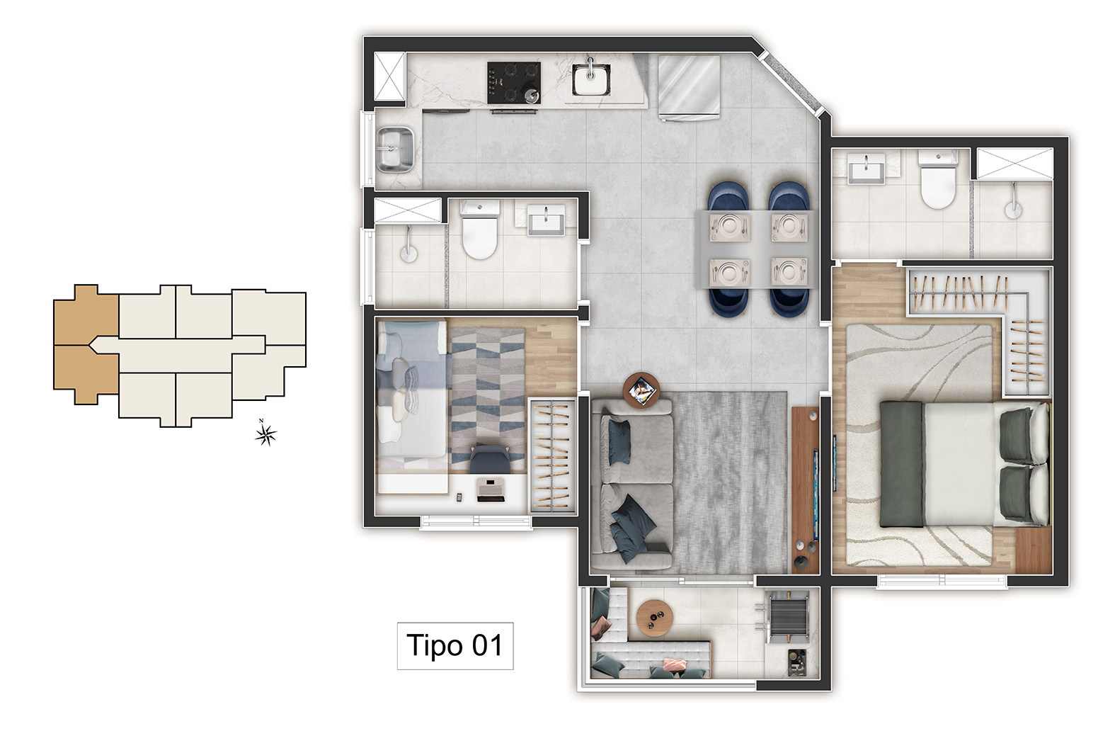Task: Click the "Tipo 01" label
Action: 454,645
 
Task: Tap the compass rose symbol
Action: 265,434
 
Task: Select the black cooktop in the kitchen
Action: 514,83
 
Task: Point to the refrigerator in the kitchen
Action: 690,88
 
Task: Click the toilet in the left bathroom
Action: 479,229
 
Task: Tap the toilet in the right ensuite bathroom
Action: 938,179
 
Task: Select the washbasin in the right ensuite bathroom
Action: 866,169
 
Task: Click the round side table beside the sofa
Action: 641,390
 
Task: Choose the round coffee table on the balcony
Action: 655,618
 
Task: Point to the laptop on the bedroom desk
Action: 491,490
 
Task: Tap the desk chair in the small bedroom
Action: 490,459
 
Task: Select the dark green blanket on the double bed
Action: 902,464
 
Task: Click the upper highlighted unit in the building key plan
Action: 86,314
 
